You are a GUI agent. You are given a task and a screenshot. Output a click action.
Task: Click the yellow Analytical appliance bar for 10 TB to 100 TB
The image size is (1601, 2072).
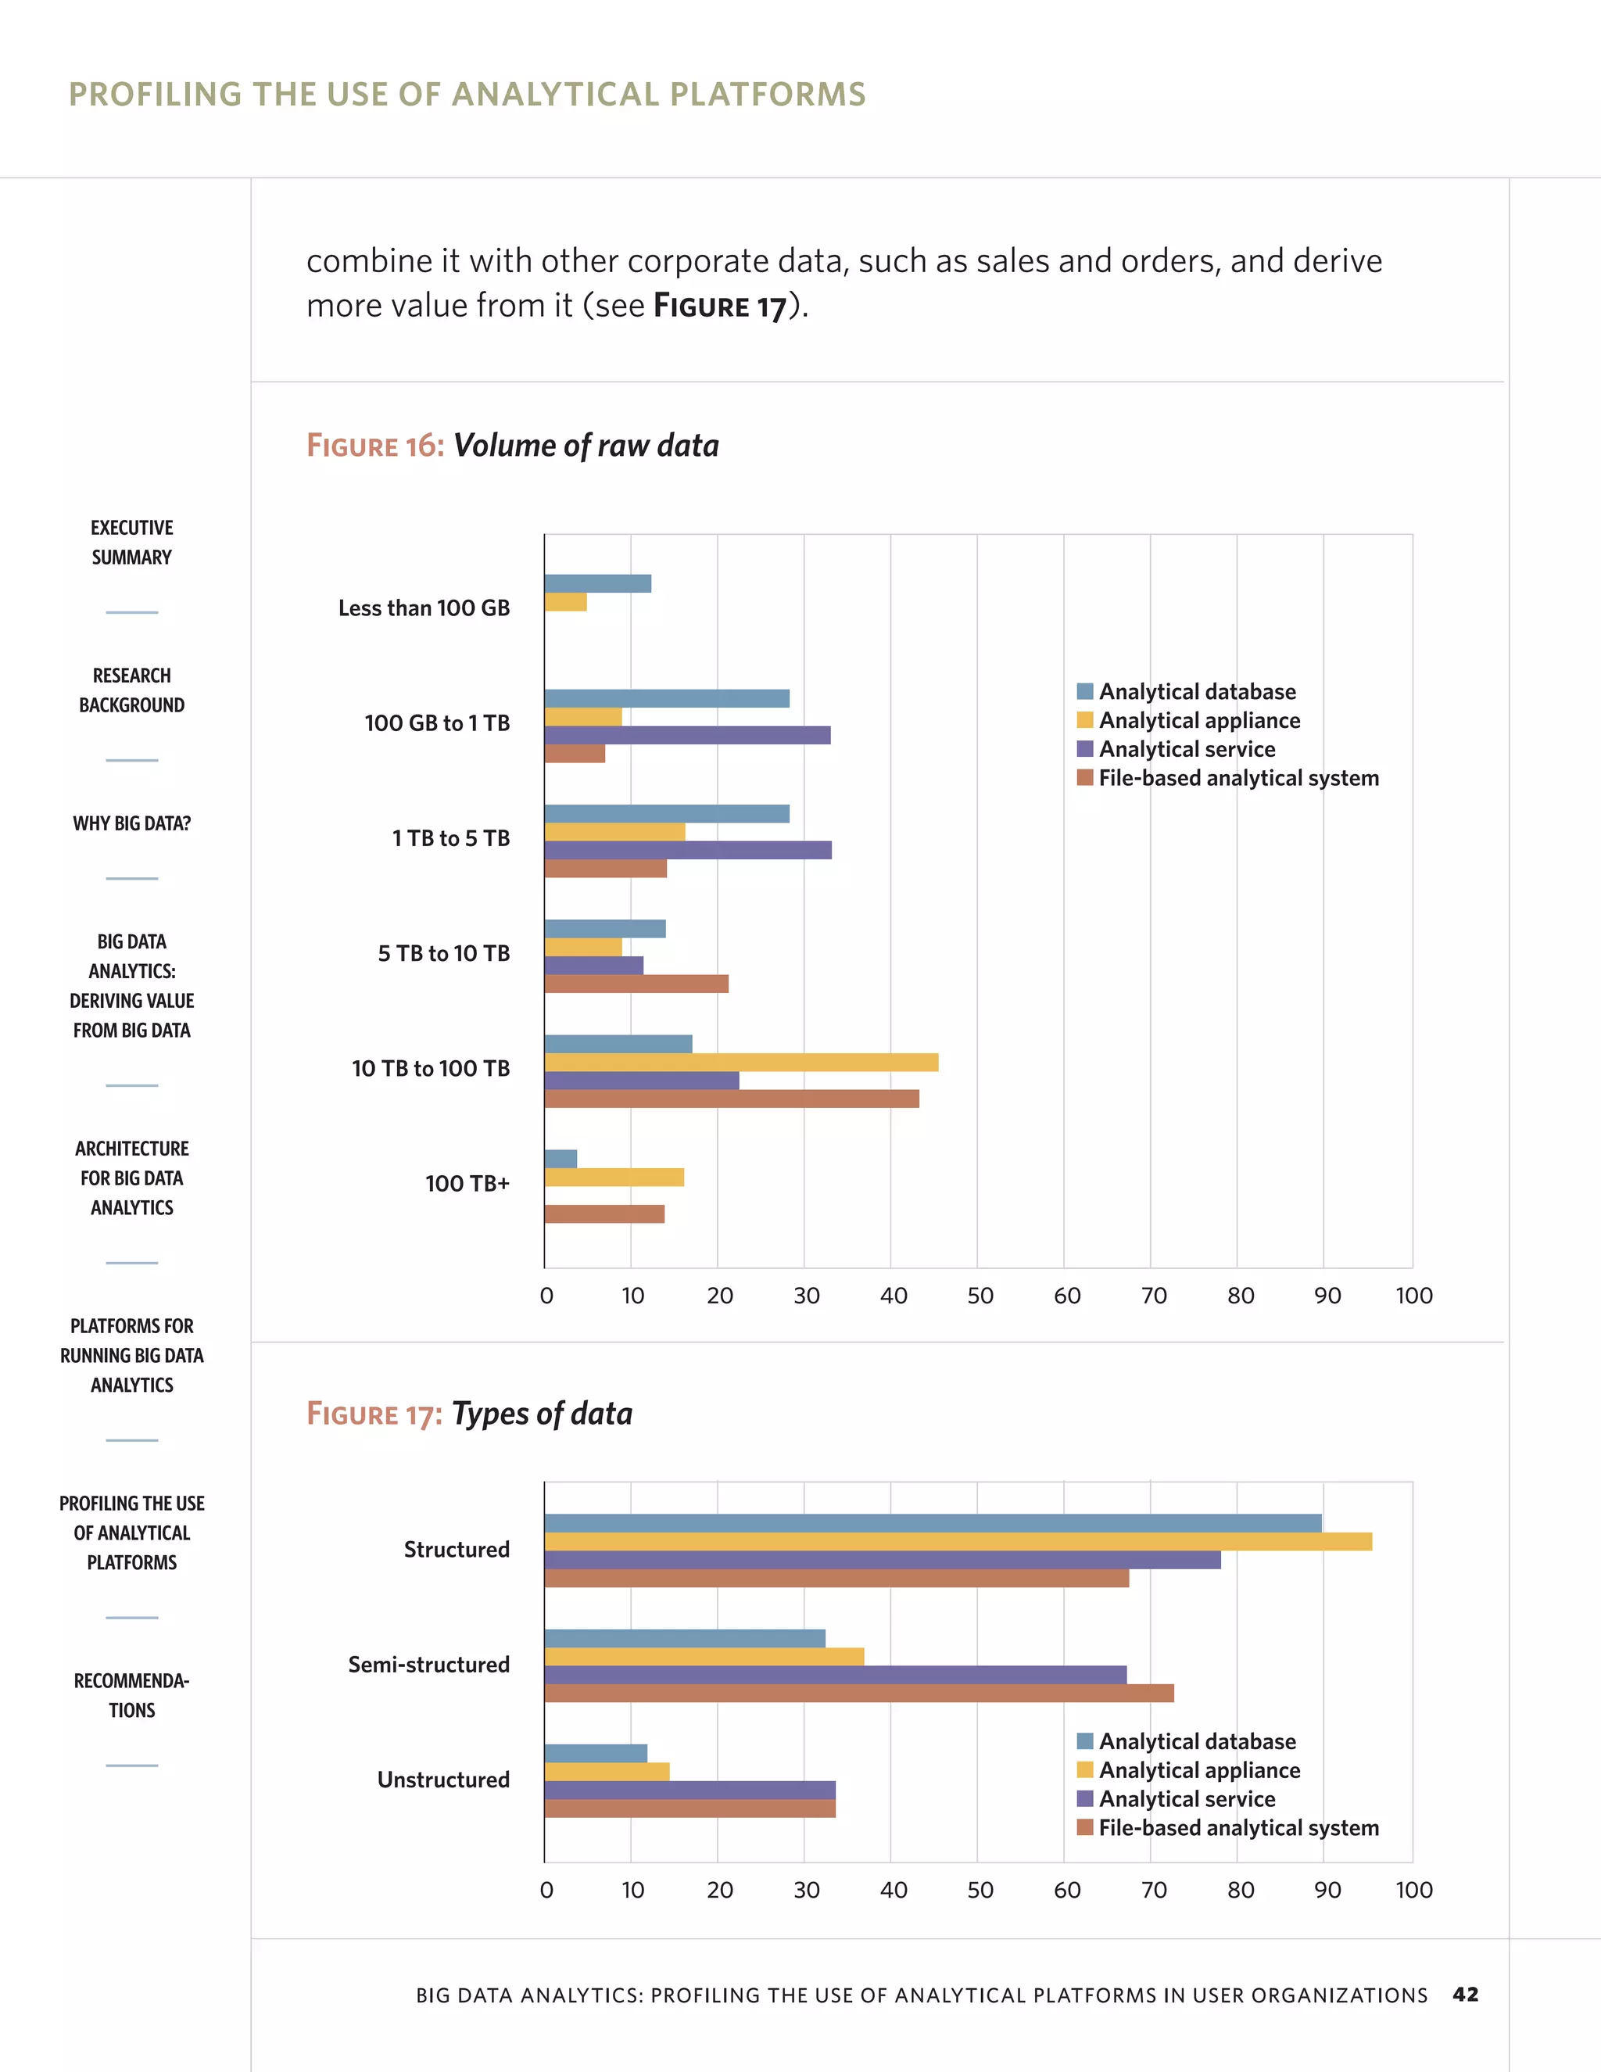click(x=741, y=1062)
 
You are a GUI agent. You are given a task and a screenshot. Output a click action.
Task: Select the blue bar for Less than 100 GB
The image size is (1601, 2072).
click(x=597, y=583)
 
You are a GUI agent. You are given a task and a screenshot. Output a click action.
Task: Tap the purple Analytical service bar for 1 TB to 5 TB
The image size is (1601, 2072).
click(x=688, y=850)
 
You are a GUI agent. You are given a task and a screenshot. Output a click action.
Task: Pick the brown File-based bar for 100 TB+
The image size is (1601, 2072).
click(x=604, y=1213)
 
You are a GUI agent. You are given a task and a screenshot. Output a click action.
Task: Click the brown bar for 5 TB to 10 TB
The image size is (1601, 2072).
click(x=636, y=984)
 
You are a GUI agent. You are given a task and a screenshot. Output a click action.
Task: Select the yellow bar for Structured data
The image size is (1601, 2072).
click(x=958, y=1542)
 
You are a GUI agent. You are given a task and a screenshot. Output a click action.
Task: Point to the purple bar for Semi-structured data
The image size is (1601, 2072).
click(x=835, y=1675)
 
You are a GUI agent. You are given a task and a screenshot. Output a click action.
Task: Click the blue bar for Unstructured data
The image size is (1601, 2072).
click(x=596, y=1753)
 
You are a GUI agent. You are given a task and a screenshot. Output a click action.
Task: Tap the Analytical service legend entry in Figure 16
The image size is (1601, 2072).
click(x=1186, y=750)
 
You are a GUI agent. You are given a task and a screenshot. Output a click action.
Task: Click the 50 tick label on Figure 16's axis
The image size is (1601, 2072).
click(x=980, y=1296)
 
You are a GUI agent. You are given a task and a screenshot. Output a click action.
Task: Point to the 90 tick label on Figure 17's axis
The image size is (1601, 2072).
click(x=1327, y=1890)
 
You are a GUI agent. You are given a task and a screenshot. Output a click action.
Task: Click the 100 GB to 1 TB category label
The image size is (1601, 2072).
click(x=437, y=723)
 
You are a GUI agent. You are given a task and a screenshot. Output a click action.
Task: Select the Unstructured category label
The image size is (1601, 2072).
click(x=443, y=1780)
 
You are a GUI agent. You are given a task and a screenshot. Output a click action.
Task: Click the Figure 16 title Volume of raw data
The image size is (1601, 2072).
click(x=586, y=445)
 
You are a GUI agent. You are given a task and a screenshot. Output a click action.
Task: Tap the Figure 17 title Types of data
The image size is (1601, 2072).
click(x=542, y=1414)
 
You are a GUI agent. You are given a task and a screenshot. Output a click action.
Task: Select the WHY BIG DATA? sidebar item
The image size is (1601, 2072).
click(x=132, y=823)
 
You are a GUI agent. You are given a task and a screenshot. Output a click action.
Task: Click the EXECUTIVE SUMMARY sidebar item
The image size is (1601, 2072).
click(x=132, y=542)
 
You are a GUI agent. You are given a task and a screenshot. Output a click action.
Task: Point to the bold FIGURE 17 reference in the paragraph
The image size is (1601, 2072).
click(x=720, y=306)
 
